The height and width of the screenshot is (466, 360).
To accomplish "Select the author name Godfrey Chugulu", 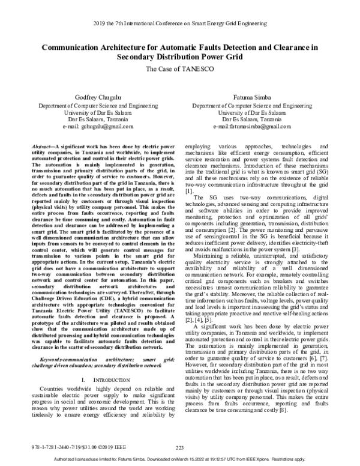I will tap(92, 97).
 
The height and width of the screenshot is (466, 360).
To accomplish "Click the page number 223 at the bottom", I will tap(179, 447).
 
